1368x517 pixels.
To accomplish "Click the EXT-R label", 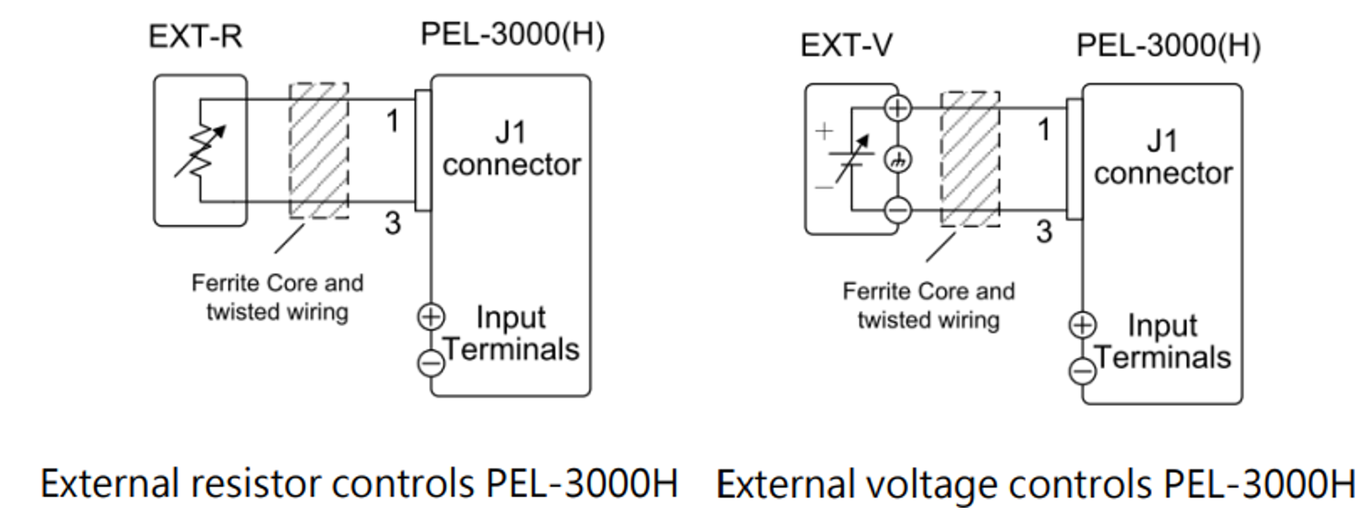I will pos(195,37).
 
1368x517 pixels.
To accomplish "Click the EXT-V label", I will pos(847,46).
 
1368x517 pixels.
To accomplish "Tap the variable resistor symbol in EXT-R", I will pos(201,151).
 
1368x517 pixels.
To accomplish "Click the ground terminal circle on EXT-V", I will pos(898,160).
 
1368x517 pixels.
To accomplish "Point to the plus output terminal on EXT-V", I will pos(898,108).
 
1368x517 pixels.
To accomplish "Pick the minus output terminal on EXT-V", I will pos(898,210).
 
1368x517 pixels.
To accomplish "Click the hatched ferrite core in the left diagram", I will pos(319,151).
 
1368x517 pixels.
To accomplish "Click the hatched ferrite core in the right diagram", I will pos(970,159).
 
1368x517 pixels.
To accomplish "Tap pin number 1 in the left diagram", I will pos(393,121).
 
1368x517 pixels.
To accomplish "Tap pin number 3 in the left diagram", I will pos(393,223).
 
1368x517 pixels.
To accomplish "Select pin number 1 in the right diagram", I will pos(1044,130).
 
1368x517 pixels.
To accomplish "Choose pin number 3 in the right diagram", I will pos(1044,232).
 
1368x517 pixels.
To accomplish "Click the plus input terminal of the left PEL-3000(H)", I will pos(431,317).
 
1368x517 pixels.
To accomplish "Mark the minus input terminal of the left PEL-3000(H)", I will pos(431,364).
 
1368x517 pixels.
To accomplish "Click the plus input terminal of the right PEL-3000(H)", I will pos(1082,325).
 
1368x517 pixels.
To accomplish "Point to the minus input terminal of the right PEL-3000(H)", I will pos(1082,371).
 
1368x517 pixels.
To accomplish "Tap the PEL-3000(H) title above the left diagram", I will pos(513,35).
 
